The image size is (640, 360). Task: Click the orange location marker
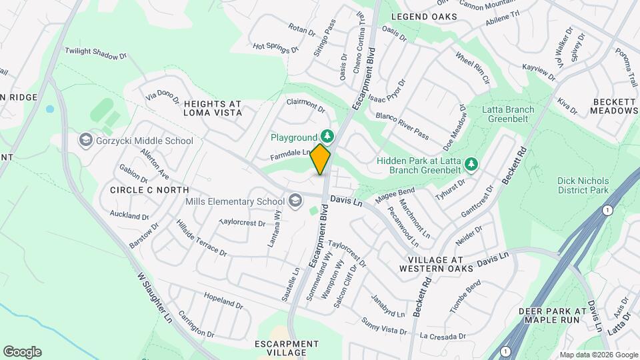pyautogui.click(x=321, y=159)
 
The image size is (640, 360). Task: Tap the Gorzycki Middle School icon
pyautogui.click(x=85, y=140)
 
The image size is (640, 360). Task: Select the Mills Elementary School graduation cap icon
pyautogui.click(x=295, y=201)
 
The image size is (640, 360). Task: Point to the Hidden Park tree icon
pyautogui.click(x=471, y=163)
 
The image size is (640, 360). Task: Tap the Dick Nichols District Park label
pyautogui.click(x=583, y=185)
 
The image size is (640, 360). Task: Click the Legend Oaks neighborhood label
pyautogui.click(x=424, y=16)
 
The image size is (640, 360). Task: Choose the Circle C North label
pyautogui.click(x=145, y=190)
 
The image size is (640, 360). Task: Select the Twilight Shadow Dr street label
pyautogui.click(x=95, y=54)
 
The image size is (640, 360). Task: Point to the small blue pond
pyautogui.click(x=49, y=109)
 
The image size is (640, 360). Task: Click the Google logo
pyautogui.click(x=22, y=352)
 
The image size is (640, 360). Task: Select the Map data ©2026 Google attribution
pyautogui.click(x=599, y=355)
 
